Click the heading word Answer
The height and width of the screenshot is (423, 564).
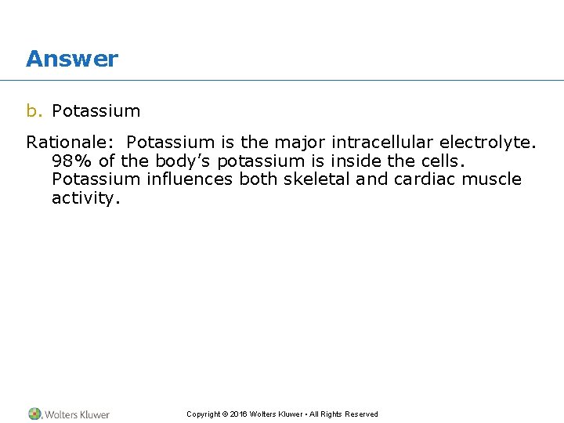[x=72, y=59]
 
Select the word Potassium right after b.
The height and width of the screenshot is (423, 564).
[x=96, y=110]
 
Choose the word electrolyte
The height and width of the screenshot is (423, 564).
[x=485, y=142]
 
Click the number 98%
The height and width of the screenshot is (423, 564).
[x=71, y=161]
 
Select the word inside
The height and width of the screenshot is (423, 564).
[x=367, y=161]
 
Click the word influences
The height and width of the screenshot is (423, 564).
[x=190, y=179]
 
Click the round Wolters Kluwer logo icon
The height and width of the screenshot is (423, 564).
[x=35, y=414]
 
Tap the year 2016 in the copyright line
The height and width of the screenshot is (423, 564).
[x=239, y=414]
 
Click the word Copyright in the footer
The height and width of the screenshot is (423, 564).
[x=203, y=414]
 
